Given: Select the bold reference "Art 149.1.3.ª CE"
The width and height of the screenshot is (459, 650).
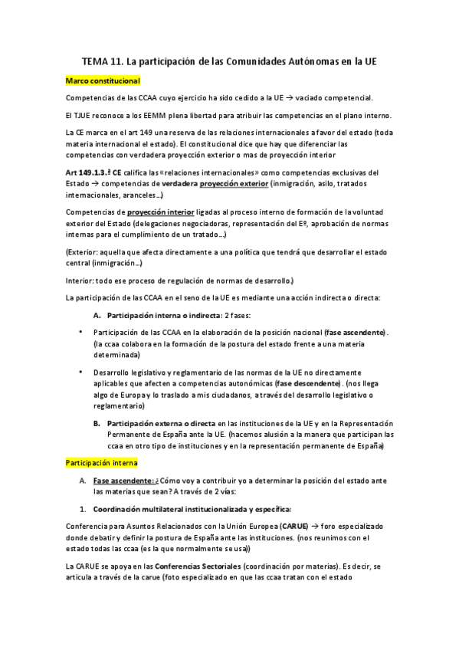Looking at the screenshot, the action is (94, 174).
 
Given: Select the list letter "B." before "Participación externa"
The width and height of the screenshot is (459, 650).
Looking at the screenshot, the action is (97, 423).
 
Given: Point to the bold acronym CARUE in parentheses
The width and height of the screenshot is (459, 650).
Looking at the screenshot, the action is (295, 528).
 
